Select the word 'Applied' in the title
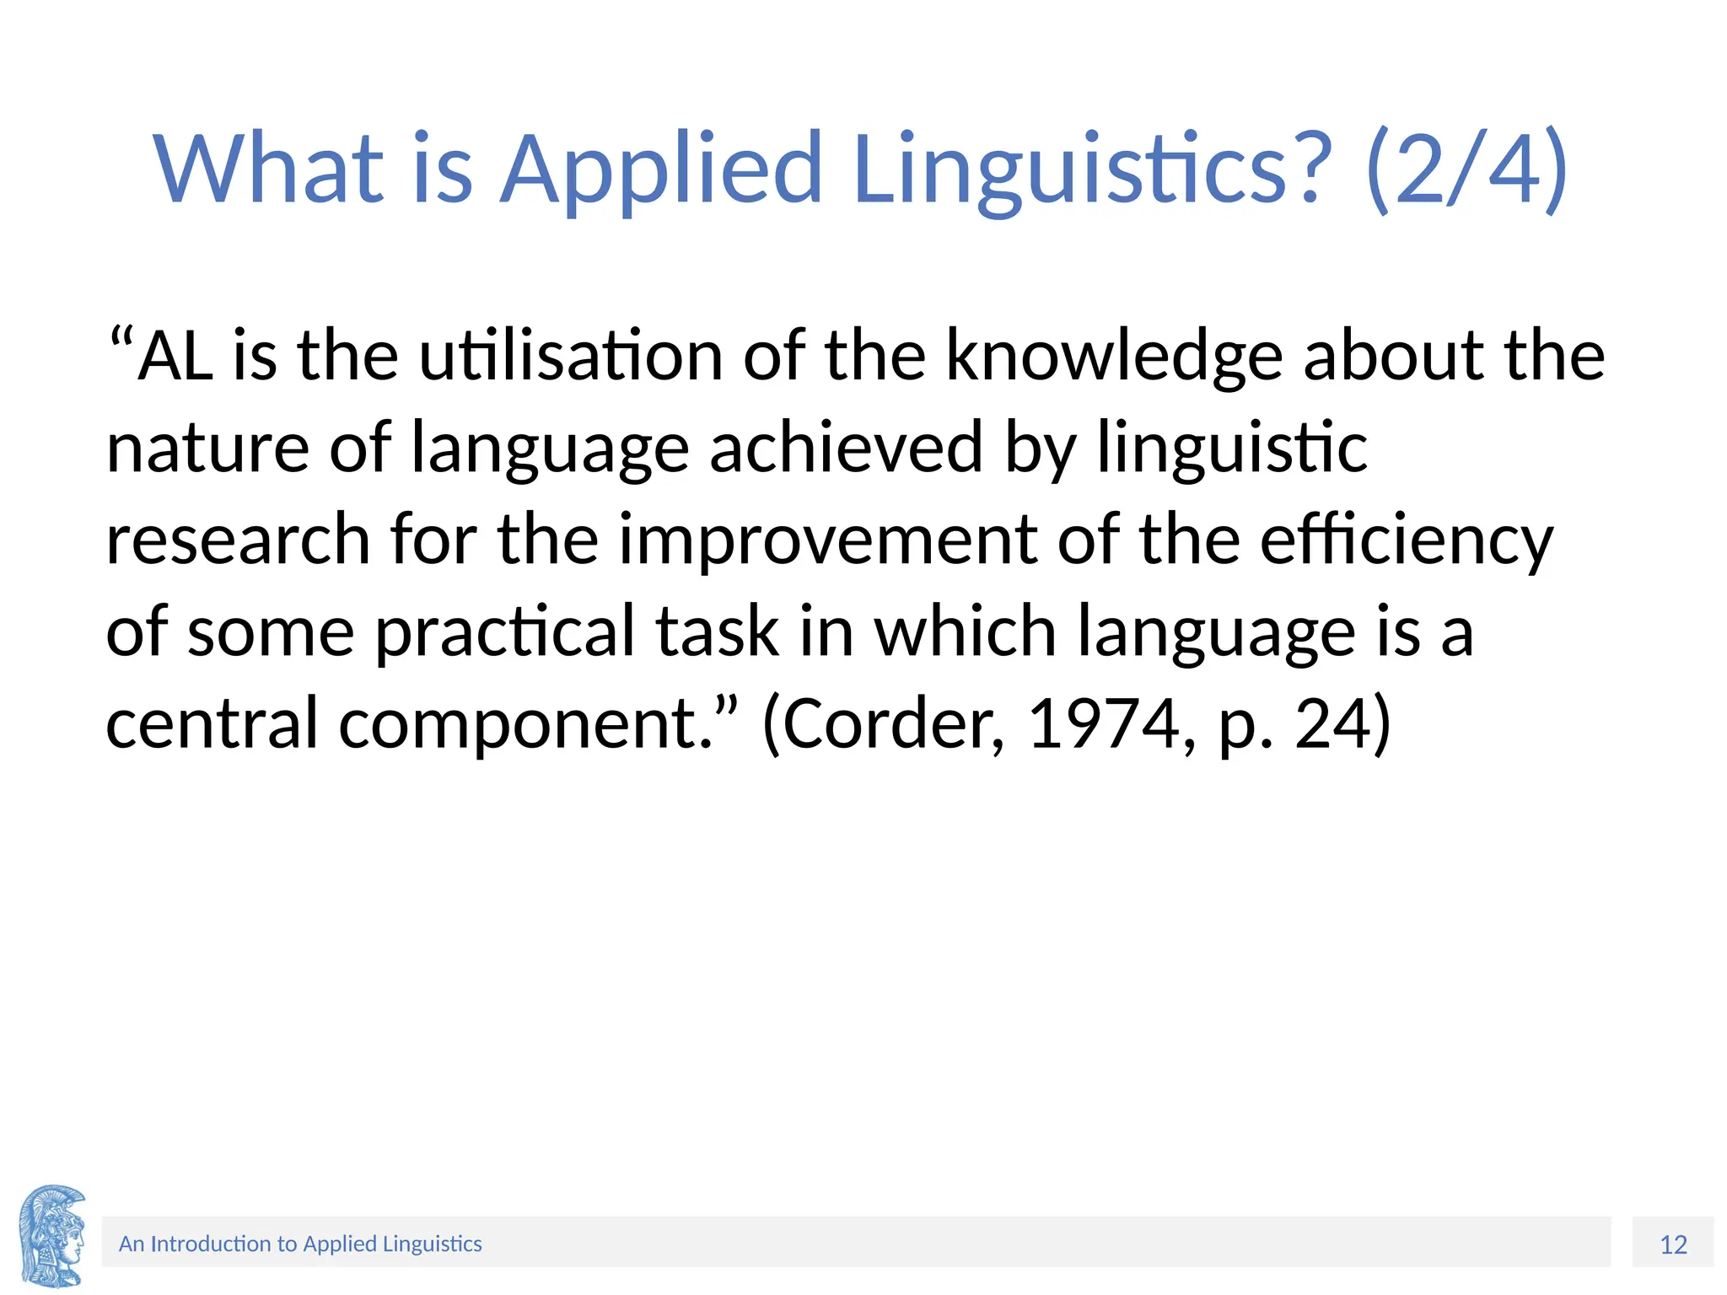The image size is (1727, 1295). [x=661, y=171]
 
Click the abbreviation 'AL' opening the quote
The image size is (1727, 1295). [x=175, y=356]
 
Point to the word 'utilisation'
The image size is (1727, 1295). [x=571, y=356]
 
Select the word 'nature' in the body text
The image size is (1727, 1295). [x=207, y=449]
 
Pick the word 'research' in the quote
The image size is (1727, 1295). [x=238, y=540]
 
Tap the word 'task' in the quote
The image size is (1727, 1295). [x=718, y=632]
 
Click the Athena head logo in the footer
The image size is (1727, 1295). [x=52, y=1235]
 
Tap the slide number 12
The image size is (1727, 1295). [x=1673, y=1244]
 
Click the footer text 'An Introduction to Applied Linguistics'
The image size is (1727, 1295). [x=300, y=1244]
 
